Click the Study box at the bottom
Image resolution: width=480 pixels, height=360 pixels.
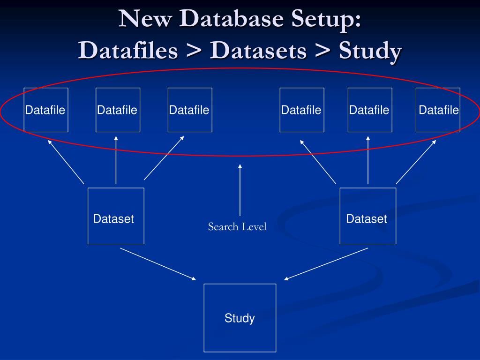[x=240, y=318]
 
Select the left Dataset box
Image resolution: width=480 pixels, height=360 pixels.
[x=116, y=216]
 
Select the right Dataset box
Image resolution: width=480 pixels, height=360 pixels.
[x=367, y=216]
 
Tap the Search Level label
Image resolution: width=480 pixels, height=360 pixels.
[x=237, y=227]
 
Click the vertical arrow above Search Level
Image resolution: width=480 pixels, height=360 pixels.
[x=240, y=190]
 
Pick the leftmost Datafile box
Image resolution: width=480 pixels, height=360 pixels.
[x=46, y=110]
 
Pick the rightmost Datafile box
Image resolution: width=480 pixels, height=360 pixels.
[x=438, y=110]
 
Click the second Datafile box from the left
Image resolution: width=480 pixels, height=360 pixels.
[x=118, y=110]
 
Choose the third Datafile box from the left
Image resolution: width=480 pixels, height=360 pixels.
[x=190, y=110]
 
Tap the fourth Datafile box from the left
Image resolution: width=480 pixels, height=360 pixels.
[x=302, y=110]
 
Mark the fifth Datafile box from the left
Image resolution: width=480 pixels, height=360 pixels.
[x=370, y=110]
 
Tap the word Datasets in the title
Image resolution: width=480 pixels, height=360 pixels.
[x=258, y=51]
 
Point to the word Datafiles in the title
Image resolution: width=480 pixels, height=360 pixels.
[x=128, y=51]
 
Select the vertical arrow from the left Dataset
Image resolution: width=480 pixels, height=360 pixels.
[x=116, y=160]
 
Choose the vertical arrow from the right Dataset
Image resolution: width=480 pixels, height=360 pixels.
[x=368, y=160]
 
